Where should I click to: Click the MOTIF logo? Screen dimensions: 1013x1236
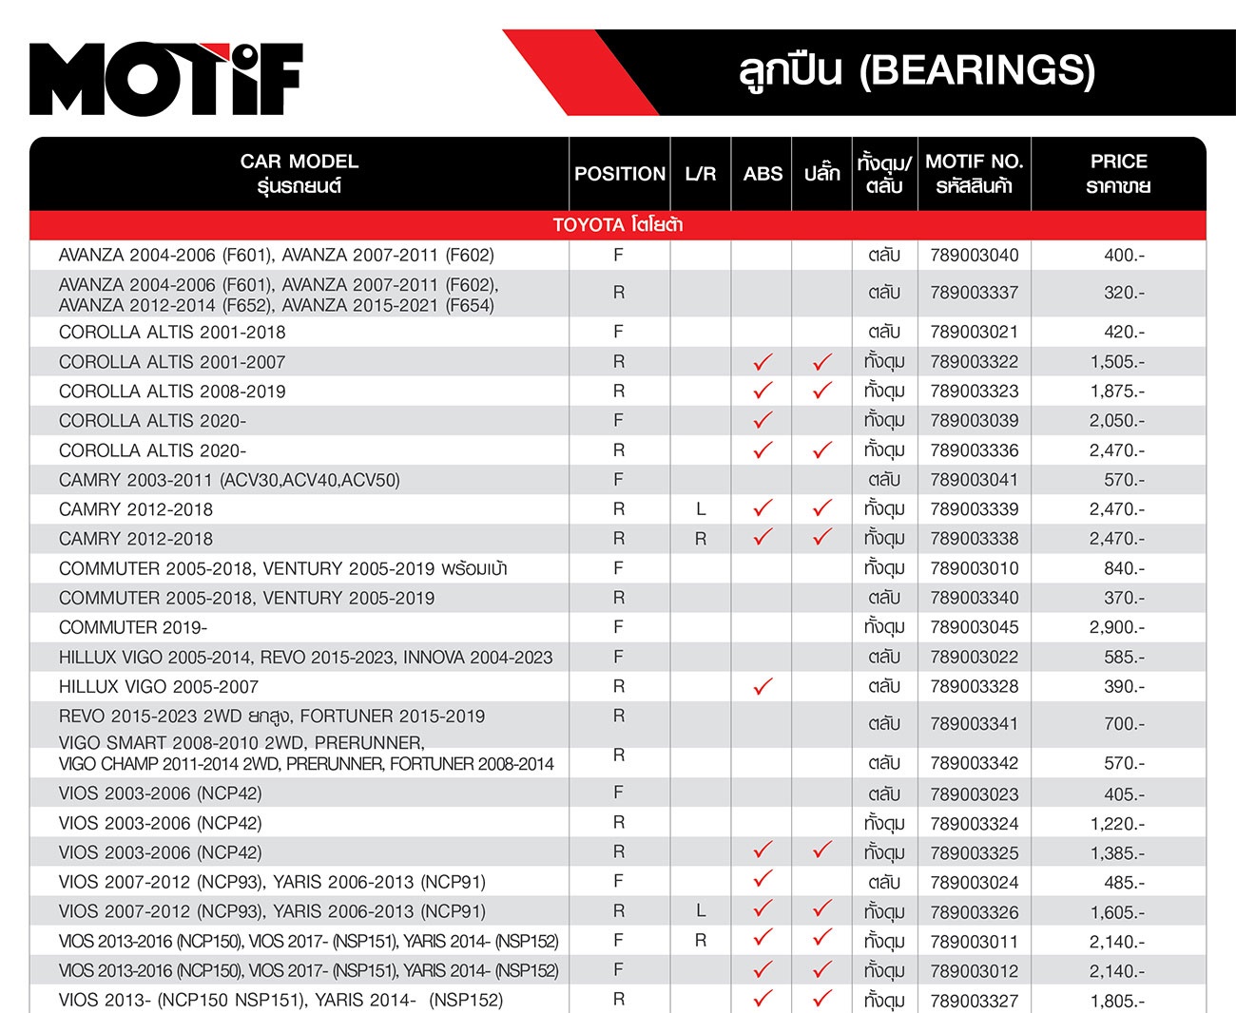pos(165,79)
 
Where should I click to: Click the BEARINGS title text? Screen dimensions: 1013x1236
pos(917,71)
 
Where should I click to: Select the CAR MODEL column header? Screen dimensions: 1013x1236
pos(299,173)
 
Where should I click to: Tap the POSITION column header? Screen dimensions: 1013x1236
pos(620,174)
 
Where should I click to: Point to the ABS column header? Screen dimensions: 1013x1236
pos(763,174)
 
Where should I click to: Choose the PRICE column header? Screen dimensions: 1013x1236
pos(1118,173)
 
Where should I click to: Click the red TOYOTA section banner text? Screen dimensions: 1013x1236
pos(618,225)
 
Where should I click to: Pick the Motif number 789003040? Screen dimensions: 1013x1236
pos(974,255)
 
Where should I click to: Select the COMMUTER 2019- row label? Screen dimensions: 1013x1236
pos(133,627)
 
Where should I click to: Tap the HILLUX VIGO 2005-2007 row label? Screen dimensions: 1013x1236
pos(159,686)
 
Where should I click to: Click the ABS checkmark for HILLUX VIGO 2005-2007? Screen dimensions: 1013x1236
pos(763,686)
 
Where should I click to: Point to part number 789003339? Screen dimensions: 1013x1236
pos(974,509)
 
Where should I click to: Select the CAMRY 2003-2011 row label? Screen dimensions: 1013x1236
pos(229,480)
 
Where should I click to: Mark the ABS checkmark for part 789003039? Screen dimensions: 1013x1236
pos(763,420)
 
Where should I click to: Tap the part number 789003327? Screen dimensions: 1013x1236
pos(974,1001)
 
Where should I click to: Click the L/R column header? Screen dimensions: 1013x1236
pos(701,174)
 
